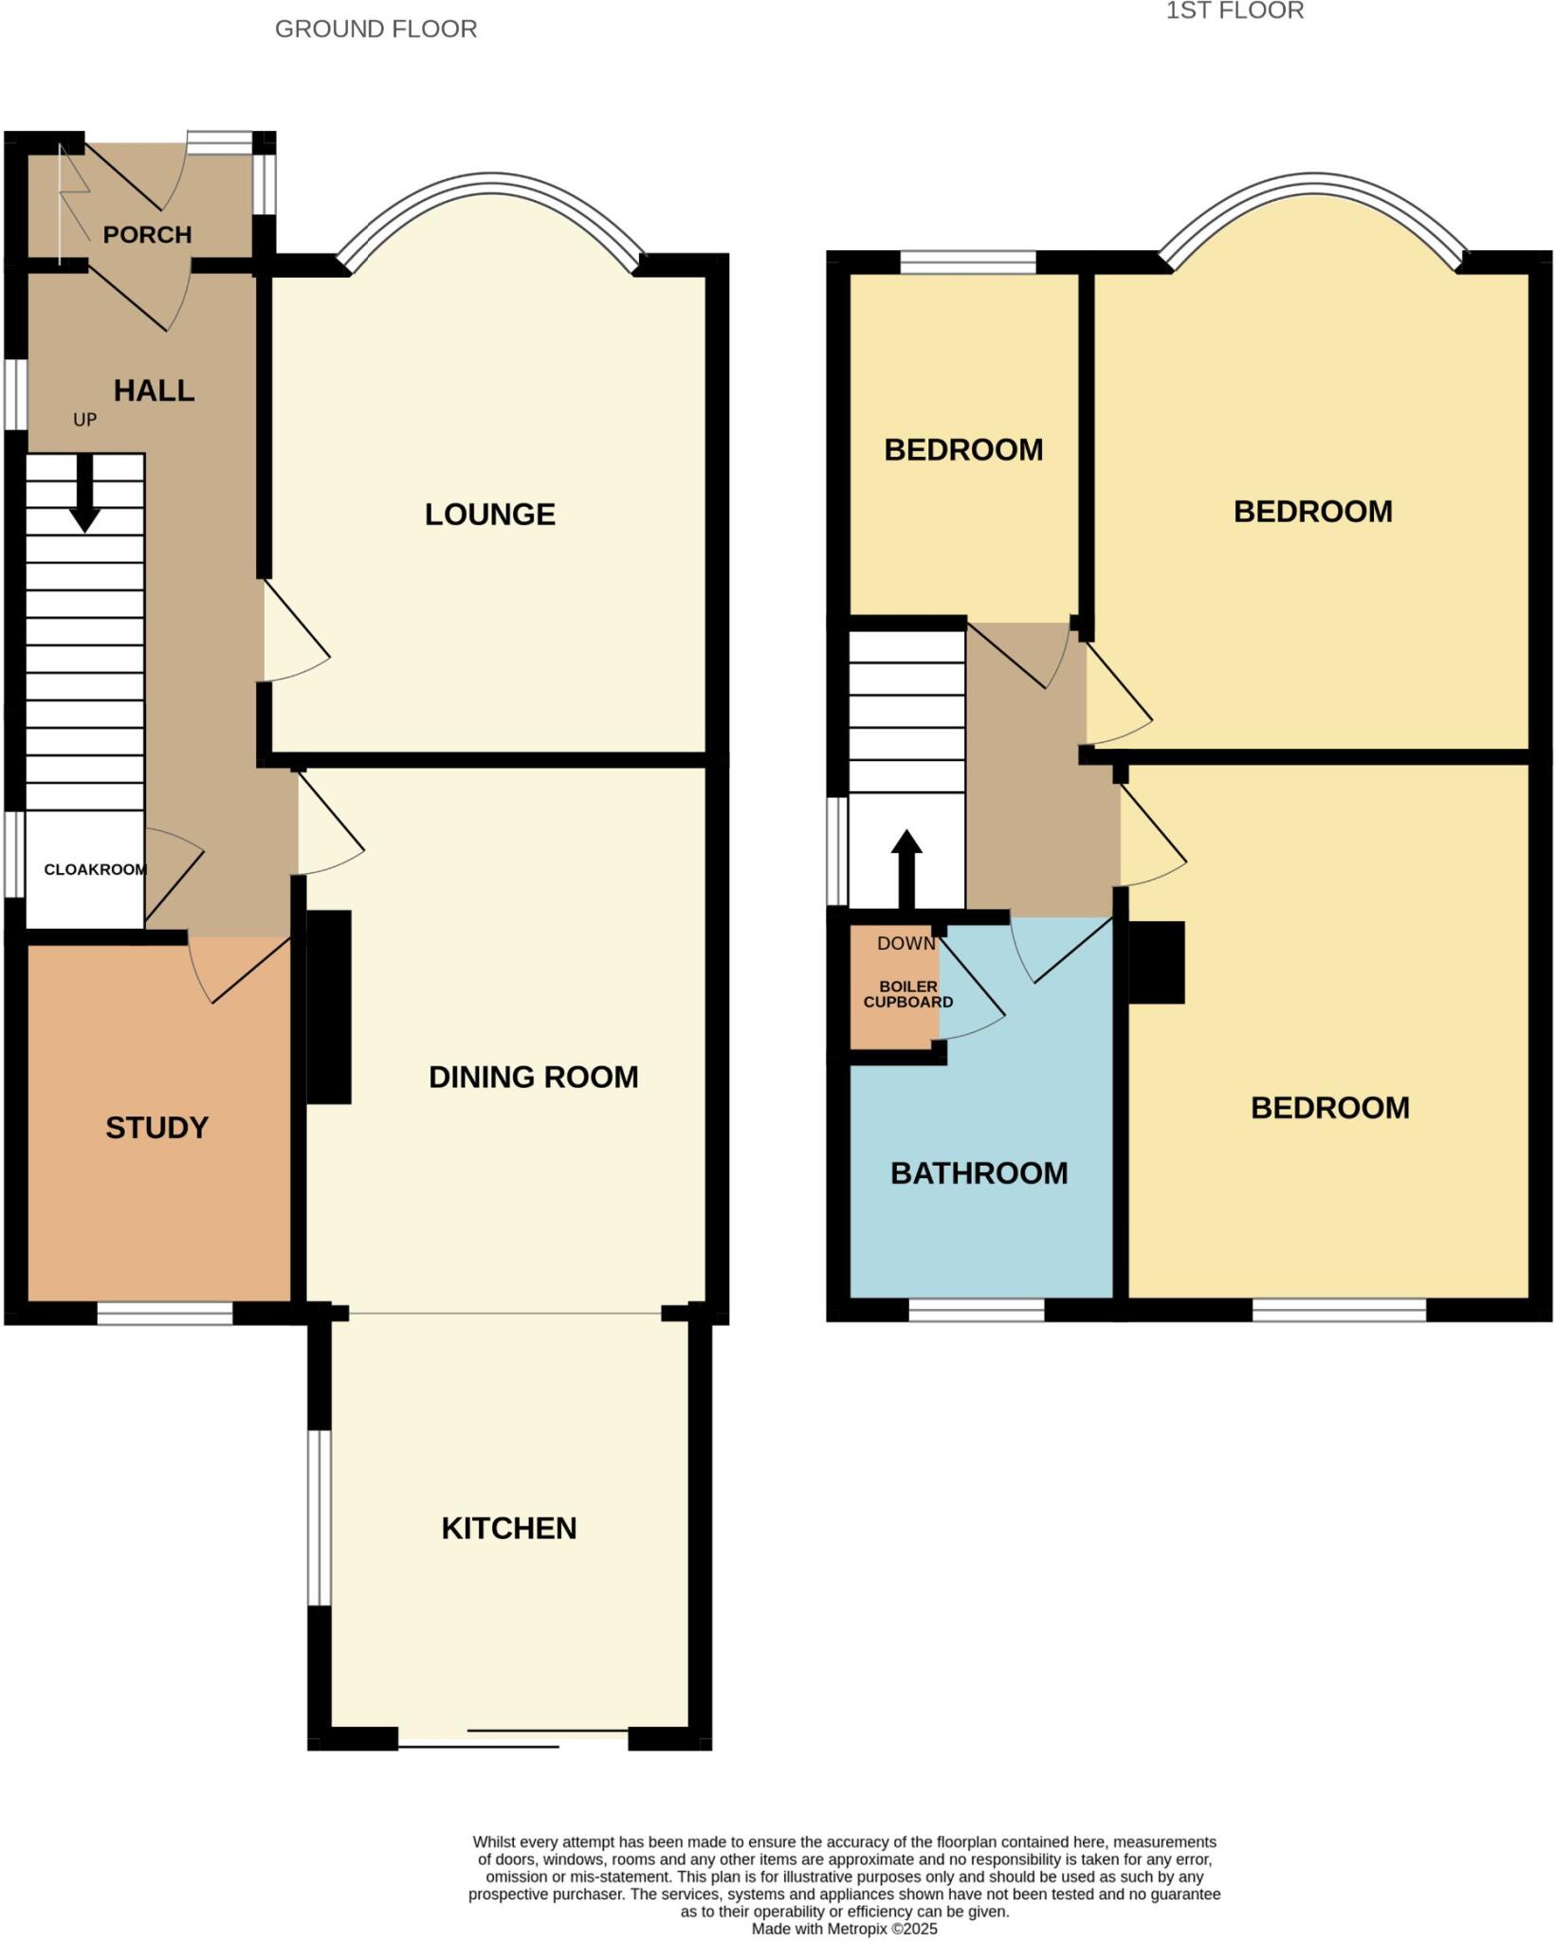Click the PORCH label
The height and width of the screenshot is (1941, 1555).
click(x=147, y=234)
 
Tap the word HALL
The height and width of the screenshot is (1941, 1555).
click(x=154, y=390)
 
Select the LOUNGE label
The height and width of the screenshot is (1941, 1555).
click(x=489, y=514)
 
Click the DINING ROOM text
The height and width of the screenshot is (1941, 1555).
click(x=533, y=1077)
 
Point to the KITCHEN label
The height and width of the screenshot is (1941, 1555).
click(x=509, y=1528)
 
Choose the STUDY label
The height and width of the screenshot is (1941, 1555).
click(x=156, y=1127)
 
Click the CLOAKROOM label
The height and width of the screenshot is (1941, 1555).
click(x=95, y=869)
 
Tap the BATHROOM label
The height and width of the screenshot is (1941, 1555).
click(x=979, y=1173)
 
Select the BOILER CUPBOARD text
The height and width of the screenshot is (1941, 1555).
click(x=907, y=994)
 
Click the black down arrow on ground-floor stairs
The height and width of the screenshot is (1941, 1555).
click(x=85, y=494)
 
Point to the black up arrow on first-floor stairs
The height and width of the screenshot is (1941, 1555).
click(x=906, y=867)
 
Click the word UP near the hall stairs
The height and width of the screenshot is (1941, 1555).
click(x=84, y=419)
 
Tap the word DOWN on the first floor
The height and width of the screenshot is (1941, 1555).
click(x=906, y=943)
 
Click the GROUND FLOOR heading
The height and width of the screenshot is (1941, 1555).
click(x=375, y=29)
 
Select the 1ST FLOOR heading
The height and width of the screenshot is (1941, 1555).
click(x=1235, y=10)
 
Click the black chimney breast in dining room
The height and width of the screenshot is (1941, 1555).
click(x=329, y=1007)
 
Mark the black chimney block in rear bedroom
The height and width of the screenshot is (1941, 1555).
click(x=1156, y=962)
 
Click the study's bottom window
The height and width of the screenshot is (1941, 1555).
click(x=164, y=1313)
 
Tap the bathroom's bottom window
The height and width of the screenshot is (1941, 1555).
click(x=977, y=1309)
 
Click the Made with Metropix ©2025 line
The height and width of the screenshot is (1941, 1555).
click(x=844, y=1929)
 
